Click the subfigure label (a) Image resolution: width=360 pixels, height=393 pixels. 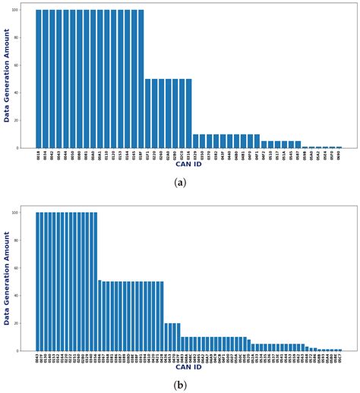coord(179,182)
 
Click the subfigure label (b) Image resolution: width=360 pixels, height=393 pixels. coord(179,385)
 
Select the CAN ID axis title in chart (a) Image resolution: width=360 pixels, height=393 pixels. coord(188,164)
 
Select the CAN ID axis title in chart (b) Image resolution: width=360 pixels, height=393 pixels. coord(188,367)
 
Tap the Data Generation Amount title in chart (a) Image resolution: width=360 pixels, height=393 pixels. coord(8,76)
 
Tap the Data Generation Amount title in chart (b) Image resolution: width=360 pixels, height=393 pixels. coord(8,278)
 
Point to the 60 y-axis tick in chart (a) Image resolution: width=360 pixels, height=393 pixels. coord(26,66)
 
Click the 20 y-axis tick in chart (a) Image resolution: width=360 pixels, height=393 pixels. coord(26,121)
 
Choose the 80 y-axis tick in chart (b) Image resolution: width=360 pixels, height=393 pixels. coord(26,241)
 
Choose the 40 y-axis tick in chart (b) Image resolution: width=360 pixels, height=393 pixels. coord(26,296)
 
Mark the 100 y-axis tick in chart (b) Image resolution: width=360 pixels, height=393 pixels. coord(25,213)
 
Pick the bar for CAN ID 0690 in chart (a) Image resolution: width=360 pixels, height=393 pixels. coord(339,147)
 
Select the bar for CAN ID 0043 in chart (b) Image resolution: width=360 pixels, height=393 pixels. coord(38,281)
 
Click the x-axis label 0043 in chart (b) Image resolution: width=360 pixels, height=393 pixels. coord(38,358)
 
